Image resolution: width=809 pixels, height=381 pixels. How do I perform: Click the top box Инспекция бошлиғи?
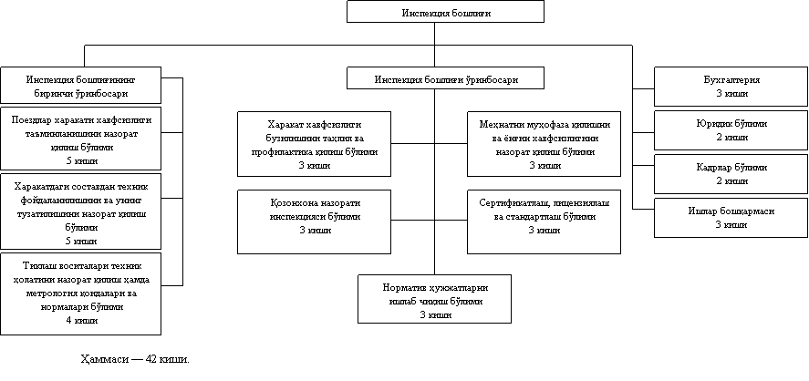(x=445, y=12)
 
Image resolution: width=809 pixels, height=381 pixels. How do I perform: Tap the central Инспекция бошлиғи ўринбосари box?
(x=445, y=79)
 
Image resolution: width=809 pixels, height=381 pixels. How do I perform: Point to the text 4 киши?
(x=81, y=320)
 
